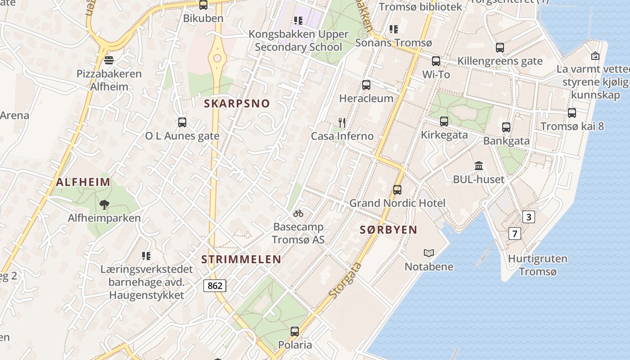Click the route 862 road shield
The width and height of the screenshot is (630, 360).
tap(215, 285)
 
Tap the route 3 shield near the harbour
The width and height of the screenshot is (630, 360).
tap(529, 217)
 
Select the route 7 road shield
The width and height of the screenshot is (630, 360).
tap(515, 234)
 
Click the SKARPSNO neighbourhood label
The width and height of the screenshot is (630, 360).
tap(237, 103)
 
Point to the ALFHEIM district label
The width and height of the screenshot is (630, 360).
tap(83, 182)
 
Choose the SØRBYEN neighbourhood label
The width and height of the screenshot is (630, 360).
tap(389, 230)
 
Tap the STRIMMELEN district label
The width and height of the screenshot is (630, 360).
tap(241, 260)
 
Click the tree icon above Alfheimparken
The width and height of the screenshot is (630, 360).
tap(104, 205)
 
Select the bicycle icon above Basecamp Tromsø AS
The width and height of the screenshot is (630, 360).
tap(298, 213)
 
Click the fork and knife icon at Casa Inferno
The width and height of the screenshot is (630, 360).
tap(342, 122)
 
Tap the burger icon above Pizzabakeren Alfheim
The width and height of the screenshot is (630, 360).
tap(108, 60)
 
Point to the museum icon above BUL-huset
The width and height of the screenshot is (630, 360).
tap(479, 166)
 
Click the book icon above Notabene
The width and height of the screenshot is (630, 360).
tap(429, 253)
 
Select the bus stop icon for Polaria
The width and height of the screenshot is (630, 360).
tap(295, 332)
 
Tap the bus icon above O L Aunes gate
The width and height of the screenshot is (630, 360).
tap(182, 122)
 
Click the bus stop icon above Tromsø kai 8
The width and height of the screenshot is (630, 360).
tap(572, 113)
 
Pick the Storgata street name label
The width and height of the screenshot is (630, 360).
tap(346, 280)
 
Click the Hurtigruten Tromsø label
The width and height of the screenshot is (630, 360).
tap(538, 265)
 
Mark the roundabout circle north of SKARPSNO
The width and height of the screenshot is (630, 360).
tap(217, 58)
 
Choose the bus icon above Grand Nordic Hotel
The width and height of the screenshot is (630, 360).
tap(397, 190)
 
